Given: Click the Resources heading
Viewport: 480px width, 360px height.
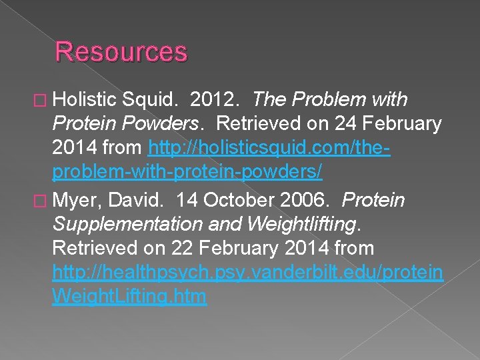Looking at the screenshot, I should coord(121,51).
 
